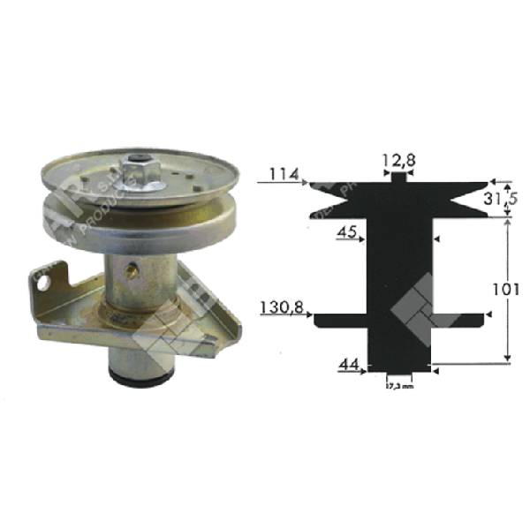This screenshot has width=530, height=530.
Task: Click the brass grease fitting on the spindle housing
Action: (134, 270)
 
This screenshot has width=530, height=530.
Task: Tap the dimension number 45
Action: (346, 233)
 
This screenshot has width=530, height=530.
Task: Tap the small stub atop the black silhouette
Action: (398, 178)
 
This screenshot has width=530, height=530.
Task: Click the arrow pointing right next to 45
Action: (362, 236)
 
